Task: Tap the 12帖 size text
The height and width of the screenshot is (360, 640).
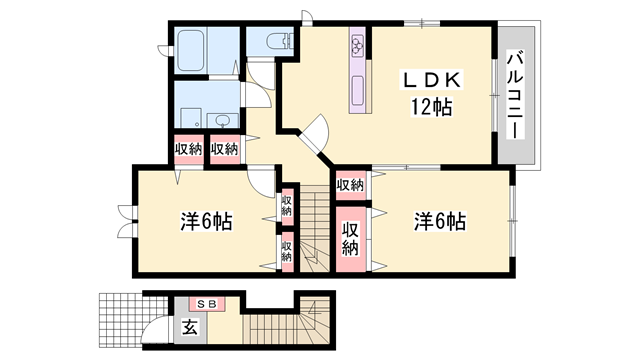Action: [429, 106]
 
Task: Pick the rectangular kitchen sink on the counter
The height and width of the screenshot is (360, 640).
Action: [358, 95]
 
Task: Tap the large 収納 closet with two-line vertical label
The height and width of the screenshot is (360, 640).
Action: [349, 236]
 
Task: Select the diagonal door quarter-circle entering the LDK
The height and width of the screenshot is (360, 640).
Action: [318, 134]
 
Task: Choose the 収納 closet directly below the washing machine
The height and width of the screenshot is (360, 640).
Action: [188, 149]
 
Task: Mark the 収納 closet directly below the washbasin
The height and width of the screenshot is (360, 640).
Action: [224, 149]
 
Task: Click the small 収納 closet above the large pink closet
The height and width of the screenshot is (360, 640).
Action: [349, 185]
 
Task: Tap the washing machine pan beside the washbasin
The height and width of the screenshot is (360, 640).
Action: [190, 105]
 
